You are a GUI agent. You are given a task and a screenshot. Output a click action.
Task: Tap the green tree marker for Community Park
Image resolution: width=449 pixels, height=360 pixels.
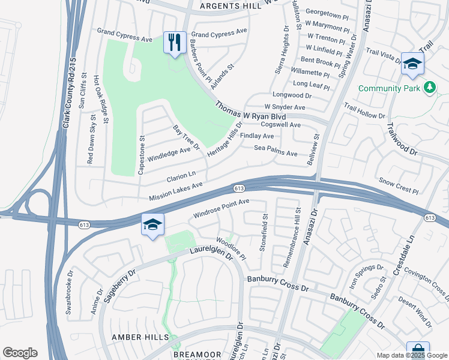tap(429, 88)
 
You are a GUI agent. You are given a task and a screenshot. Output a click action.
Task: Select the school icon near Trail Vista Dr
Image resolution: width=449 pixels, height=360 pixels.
tap(412, 64)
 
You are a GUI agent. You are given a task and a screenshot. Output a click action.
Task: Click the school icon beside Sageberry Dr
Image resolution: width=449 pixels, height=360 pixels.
tap(152, 226)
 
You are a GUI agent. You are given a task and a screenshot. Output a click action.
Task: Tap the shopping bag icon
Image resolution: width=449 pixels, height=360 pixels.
tap(417, 350)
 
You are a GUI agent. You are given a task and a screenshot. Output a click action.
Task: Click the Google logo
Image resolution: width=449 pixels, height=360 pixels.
tap(20, 353)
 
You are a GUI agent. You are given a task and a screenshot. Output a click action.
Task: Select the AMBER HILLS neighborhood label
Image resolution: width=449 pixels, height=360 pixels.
tap(140, 337)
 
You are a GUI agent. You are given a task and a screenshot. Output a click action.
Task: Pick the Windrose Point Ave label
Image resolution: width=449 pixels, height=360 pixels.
tap(221, 209)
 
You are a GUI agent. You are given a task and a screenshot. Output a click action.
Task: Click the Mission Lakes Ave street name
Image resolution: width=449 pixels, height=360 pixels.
tap(176, 192)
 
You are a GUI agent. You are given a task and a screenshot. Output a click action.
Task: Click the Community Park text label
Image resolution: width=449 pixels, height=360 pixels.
tap(389, 88)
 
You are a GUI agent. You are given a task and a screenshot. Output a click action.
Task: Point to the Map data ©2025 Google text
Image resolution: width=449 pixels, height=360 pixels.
tap(411, 355)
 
